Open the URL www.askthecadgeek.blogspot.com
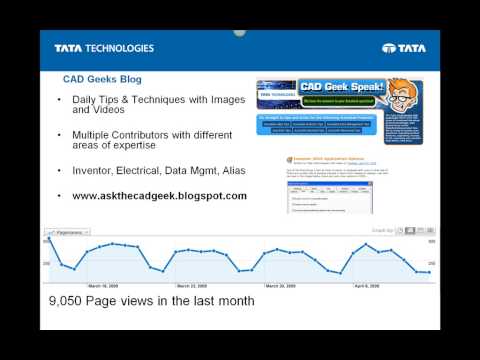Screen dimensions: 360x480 pos(159,195)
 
